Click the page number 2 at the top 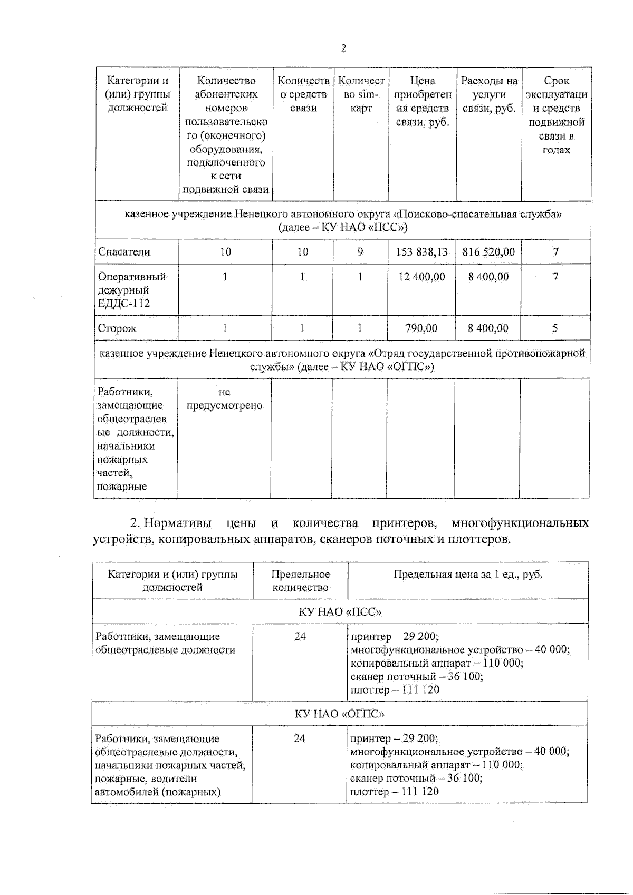pyautogui.click(x=343, y=48)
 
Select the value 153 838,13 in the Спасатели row pyautogui.click(x=421, y=252)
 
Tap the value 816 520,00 pyautogui.click(x=488, y=252)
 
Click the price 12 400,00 pyautogui.click(x=421, y=277)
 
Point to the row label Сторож pyautogui.click(x=117, y=328)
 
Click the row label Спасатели pyautogui.click(x=124, y=252)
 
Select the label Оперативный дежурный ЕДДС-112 pyautogui.click(x=132, y=290)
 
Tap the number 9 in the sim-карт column pyautogui.click(x=360, y=252)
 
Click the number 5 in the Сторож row pyautogui.click(x=555, y=328)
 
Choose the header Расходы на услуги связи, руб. pyautogui.click(x=489, y=95)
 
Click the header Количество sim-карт pyautogui.click(x=361, y=95)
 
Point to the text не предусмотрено pyautogui.click(x=224, y=399)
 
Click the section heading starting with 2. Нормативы pyautogui.click(x=340, y=531)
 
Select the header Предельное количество pyautogui.click(x=300, y=581)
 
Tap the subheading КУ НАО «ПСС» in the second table pyautogui.click(x=340, y=612)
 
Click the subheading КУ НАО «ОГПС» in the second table pyautogui.click(x=339, y=714)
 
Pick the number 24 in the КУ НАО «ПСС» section pyautogui.click(x=300, y=637)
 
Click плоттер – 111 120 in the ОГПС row pyautogui.click(x=394, y=792)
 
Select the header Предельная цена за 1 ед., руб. pyautogui.click(x=467, y=575)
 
